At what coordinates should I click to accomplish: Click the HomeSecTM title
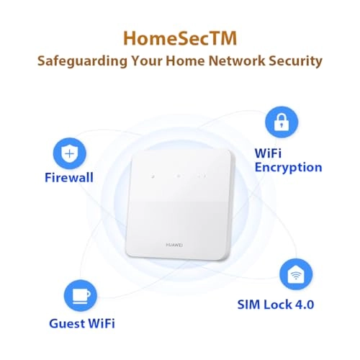(180, 38)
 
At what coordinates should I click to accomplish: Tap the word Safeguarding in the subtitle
(82, 61)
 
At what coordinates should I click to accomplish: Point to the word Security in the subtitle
(295, 61)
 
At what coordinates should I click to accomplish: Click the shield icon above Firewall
(69, 153)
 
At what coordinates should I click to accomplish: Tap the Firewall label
(69, 178)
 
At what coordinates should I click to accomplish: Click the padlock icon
(282, 122)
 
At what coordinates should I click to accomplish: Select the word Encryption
(288, 168)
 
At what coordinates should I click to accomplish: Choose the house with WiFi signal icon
(296, 274)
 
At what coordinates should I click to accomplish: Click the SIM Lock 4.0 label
(276, 305)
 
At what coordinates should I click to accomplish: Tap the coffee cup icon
(81, 296)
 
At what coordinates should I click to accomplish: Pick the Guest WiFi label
(82, 323)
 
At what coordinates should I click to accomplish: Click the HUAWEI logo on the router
(174, 245)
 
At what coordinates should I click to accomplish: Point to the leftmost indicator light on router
(153, 176)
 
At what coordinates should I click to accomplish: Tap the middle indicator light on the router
(179, 176)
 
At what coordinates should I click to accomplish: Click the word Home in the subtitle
(186, 60)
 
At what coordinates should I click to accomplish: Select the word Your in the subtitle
(147, 60)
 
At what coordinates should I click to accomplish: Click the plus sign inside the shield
(69, 153)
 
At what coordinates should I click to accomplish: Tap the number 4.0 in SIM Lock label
(305, 305)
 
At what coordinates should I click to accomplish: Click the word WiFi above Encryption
(268, 153)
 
